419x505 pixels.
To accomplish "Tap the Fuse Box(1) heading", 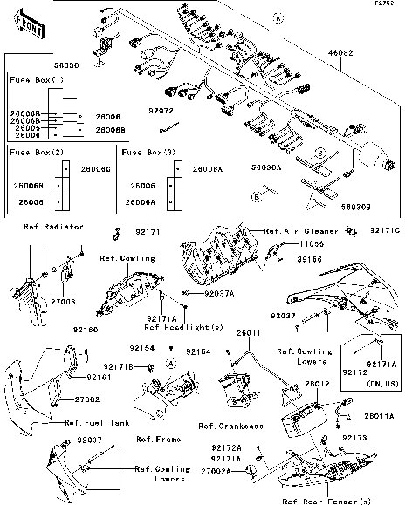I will [x=36, y=79].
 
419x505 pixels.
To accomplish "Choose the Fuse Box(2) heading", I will [x=36, y=152].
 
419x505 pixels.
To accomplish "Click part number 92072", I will [x=161, y=112].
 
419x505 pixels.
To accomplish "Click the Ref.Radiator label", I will [x=53, y=226].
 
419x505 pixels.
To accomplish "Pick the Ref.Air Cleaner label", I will [x=293, y=231].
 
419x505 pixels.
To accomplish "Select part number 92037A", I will [x=219, y=294].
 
